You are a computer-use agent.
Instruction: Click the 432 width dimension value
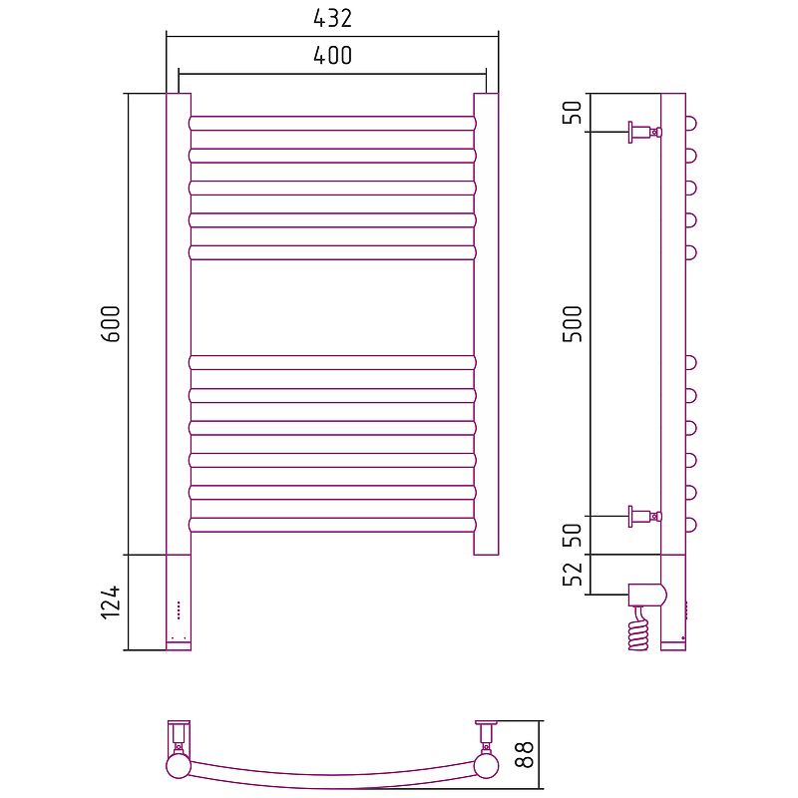point(332,19)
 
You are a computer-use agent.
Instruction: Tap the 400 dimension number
point(332,56)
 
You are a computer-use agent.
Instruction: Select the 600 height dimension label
point(111,323)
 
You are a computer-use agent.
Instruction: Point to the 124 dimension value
point(111,602)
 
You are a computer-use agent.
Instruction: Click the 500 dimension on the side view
point(572,323)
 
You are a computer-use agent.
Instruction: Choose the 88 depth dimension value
point(525,755)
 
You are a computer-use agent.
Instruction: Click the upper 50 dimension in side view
point(572,113)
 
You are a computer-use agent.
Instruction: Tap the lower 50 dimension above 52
point(572,535)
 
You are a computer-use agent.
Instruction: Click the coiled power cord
point(639,630)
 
